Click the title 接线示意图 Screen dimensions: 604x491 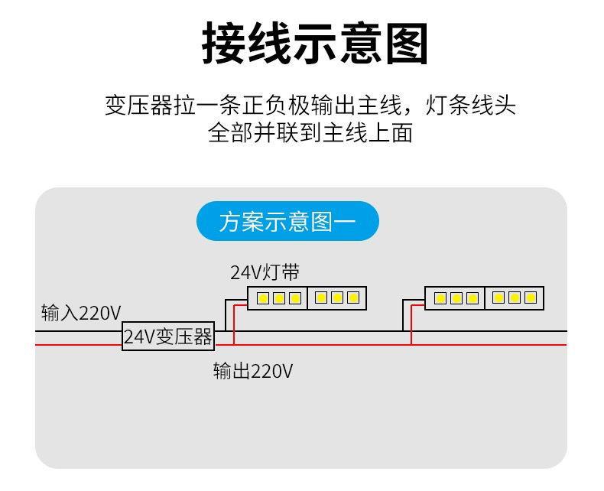tap(314, 43)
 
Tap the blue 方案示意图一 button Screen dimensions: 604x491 tap(287, 222)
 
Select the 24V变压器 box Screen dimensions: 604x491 tap(168, 337)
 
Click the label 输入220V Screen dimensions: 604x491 tap(81, 312)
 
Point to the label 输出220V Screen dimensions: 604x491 tap(253, 372)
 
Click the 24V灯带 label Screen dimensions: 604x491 tap(265, 272)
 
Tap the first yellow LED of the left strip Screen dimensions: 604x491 tap(263, 298)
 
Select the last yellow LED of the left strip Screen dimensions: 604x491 tap(352, 298)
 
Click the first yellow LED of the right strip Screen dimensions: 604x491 tap(440, 298)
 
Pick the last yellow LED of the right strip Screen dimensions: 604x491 tap(529, 298)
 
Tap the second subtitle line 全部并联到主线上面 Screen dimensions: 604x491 tap(310, 133)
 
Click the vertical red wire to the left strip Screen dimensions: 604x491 tap(234, 325)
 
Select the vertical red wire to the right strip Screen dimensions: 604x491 tap(411, 325)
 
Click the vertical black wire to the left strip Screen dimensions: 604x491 tap(226, 315)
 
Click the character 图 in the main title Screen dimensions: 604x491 tap(404, 43)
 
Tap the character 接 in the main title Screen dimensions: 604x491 tap(225, 43)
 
